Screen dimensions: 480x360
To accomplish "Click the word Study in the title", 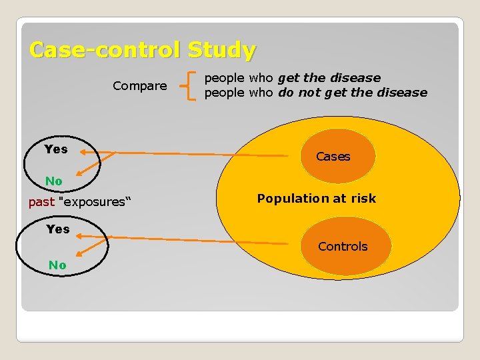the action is [x=221, y=50].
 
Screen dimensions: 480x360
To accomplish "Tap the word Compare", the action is [x=140, y=86].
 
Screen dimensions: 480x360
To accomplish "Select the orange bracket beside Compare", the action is [x=189, y=85].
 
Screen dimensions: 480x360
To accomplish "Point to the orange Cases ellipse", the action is [x=333, y=157].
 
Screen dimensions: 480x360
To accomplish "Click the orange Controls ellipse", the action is [x=343, y=246].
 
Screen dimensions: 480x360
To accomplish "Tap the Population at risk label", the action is [x=317, y=198].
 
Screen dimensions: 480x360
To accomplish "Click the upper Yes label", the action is [x=56, y=149].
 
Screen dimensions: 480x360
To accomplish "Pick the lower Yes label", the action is [x=58, y=229].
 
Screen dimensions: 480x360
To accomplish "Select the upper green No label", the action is [x=54, y=181].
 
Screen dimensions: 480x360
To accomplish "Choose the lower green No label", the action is [x=57, y=265].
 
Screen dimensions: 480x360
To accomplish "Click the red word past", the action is [x=41, y=201].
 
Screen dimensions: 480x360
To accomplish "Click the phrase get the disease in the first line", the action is [x=329, y=78].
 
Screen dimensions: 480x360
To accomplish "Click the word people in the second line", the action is [x=225, y=93].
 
